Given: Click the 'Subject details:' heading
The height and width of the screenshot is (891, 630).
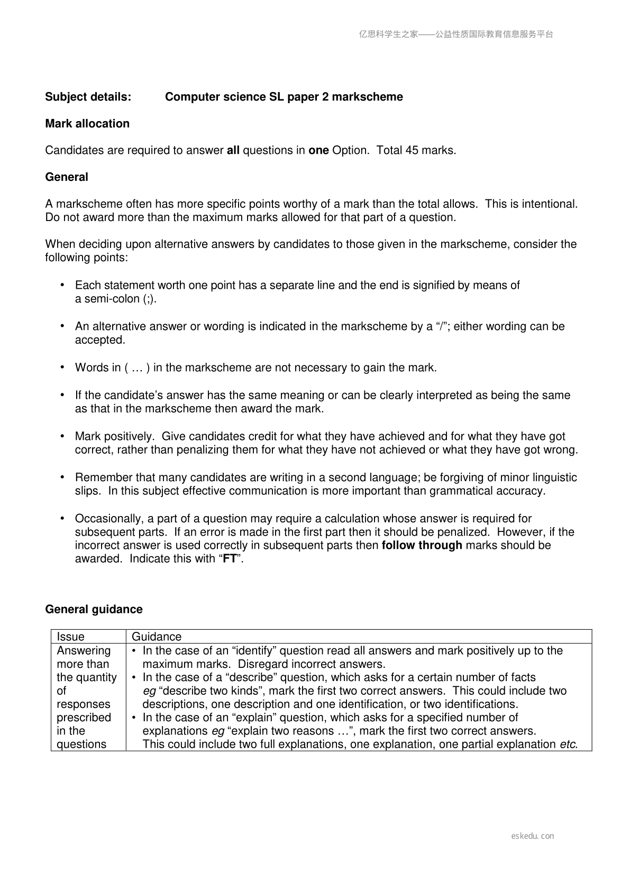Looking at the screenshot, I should click(88, 97).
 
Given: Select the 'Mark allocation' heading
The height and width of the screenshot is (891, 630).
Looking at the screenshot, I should click(87, 124).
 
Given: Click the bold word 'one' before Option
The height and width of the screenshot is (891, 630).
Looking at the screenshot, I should click(318, 150).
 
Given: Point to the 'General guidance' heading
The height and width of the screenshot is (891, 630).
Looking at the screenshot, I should click(94, 609).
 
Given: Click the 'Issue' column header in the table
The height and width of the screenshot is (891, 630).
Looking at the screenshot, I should click(70, 637).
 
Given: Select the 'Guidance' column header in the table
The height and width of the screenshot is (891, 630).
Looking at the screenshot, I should click(156, 637).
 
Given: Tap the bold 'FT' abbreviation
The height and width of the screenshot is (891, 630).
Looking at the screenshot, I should click(230, 559).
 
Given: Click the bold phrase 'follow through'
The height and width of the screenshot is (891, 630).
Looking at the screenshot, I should click(422, 545).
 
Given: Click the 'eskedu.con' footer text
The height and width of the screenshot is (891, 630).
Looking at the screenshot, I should click(533, 836).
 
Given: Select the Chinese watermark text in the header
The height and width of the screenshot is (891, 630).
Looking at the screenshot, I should click(456, 34).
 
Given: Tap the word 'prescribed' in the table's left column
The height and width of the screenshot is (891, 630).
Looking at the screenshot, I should click(84, 718).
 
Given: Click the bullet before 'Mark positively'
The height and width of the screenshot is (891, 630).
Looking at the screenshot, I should click(62, 436).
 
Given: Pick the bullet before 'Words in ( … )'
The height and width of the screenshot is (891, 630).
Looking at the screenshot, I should click(62, 368).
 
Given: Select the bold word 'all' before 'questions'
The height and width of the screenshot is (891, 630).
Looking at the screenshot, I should click(233, 150).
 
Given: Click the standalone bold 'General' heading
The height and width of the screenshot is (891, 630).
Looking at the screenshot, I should click(67, 177).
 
